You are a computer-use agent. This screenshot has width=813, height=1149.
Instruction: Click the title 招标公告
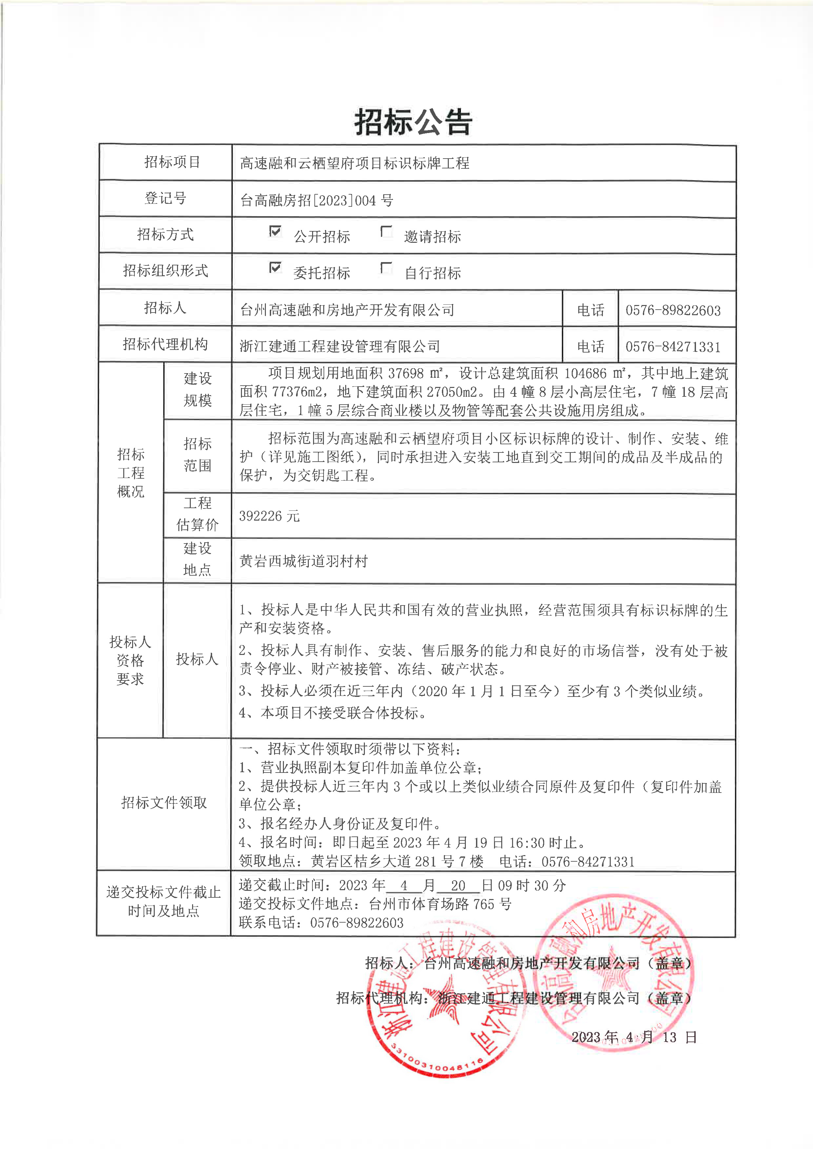413,122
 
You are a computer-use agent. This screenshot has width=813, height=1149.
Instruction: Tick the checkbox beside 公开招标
275,231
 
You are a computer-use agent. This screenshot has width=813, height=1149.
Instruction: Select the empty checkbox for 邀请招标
386,231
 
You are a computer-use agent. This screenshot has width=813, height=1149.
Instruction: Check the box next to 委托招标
275,268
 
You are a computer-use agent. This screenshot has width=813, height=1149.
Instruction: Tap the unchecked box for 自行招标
386,268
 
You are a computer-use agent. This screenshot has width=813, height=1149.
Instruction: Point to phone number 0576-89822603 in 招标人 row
673,310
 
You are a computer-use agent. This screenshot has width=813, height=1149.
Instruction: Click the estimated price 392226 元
269,516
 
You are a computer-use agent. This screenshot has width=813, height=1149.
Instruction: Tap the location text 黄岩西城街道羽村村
303,561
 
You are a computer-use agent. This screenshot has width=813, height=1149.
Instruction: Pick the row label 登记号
165,198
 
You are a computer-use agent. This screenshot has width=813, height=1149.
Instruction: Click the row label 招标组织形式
165,271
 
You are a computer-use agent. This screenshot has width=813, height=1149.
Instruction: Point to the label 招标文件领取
164,803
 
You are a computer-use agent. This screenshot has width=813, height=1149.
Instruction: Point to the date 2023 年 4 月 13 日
634,1037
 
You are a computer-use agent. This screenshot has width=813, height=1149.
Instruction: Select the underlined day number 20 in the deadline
458,885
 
